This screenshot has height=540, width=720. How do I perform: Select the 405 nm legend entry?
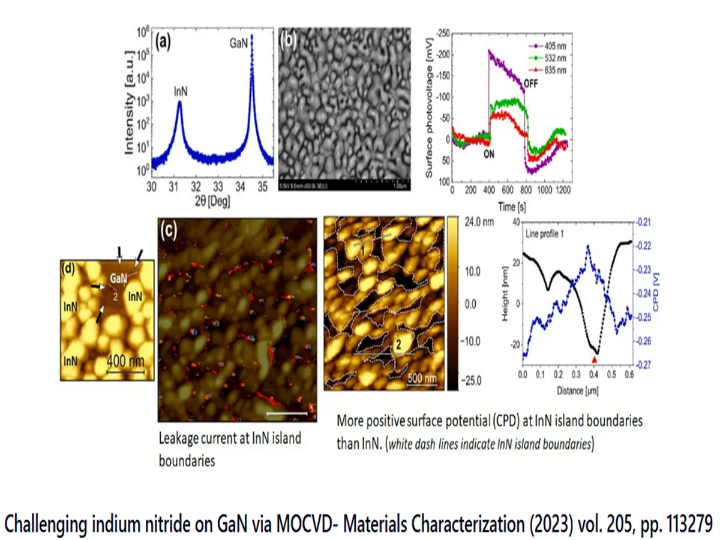[556, 46]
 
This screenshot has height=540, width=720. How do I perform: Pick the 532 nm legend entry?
[556, 58]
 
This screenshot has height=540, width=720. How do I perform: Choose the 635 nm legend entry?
[556, 70]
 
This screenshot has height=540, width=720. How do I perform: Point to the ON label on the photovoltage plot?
[492, 152]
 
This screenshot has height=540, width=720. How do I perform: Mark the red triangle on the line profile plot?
[594, 359]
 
